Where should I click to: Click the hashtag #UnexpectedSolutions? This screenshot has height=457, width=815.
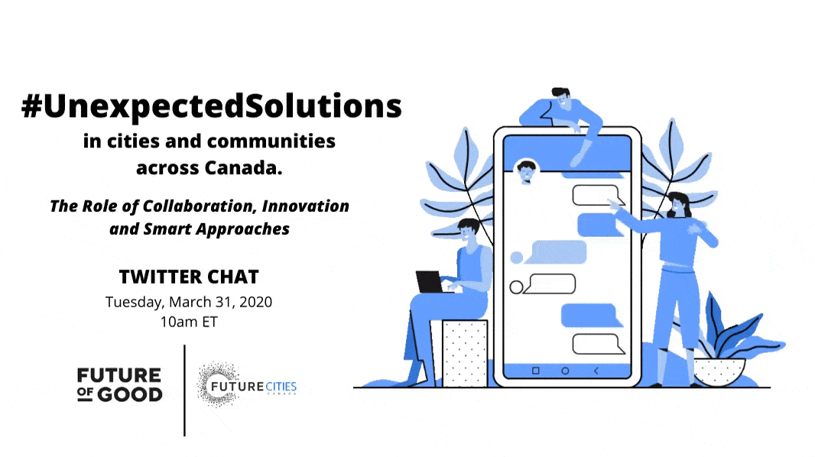(212, 106)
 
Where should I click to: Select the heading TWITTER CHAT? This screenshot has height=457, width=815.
(189, 277)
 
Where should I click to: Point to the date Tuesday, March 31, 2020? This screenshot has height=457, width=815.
(189, 302)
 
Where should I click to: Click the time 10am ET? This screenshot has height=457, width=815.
(189, 322)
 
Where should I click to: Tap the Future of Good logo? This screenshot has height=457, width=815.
(119, 385)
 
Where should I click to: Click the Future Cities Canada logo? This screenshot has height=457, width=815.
(246, 385)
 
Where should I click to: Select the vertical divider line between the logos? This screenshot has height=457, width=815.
(184, 391)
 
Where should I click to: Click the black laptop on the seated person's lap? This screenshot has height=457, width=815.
(430, 282)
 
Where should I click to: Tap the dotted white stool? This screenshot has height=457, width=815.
(465, 353)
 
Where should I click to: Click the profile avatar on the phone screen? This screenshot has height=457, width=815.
(526, 171)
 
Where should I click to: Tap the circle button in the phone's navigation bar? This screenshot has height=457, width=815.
(565, 371)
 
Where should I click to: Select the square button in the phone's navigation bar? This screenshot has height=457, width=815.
(535, 371)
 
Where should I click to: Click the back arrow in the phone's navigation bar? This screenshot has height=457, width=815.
(596, 371)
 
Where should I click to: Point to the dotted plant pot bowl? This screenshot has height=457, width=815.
(719, 372)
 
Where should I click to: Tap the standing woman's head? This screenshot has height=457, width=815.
(679, 204)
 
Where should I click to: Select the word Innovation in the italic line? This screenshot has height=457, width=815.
(305, 206)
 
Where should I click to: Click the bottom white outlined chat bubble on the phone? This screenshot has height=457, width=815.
(598, 345)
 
